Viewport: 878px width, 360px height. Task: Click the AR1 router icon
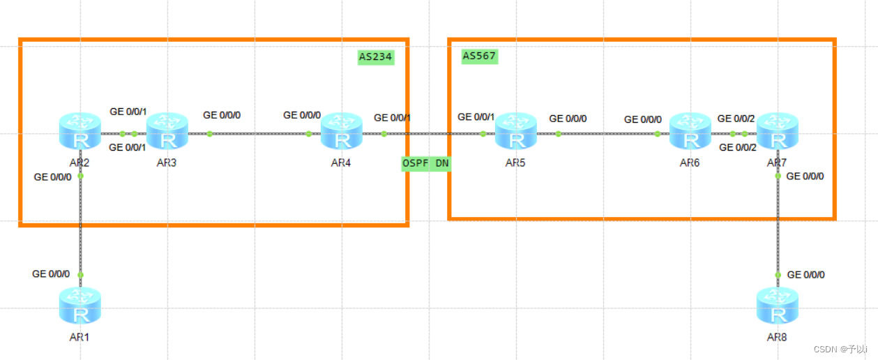tap(80, 306)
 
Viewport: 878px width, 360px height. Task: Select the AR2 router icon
tap(80, 131)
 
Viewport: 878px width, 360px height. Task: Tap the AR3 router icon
tap(167, 131)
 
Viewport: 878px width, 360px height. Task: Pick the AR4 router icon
tap(342, 131)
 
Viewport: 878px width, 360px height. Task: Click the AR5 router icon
tap(516, 131)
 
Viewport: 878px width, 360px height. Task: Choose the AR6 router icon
tap(690, 131)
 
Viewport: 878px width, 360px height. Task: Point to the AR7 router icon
tap(778, 131)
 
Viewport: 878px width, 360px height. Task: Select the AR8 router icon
tap(778, 306)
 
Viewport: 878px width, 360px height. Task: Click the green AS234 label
tap(376, 57)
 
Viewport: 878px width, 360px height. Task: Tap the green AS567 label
tap(480, 56)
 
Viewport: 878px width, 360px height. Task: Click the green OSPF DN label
tap(425, 163)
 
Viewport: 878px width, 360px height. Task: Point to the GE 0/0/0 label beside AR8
tap(805, 275)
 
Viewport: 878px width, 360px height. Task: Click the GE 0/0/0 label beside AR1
tap(51, 274)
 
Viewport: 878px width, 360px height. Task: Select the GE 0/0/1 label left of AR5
tap(476, 117)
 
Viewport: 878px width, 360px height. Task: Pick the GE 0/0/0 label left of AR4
tap(302, 115)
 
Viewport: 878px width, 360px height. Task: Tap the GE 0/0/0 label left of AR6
tap(643, 119)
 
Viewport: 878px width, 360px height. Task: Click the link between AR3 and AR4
tap(258, 134)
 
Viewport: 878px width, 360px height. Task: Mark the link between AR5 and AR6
tap(607, 134)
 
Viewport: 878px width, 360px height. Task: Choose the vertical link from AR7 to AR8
tap(778, 223)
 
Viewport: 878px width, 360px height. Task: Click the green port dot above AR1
tap(80, 276)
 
